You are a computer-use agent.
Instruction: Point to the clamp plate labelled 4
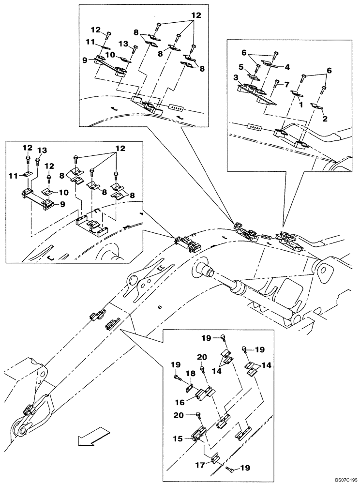[x=269, y=62]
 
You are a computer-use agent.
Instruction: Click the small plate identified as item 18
[x=191, y=387]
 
